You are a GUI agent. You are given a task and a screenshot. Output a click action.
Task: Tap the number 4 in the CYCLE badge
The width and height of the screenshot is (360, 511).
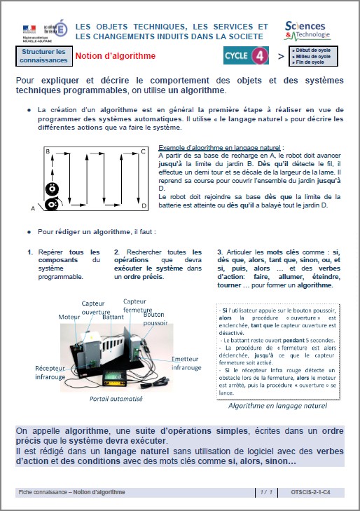click(x=258, y=55)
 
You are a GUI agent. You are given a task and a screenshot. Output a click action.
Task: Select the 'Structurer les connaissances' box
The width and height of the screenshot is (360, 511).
click(x=43, y=56)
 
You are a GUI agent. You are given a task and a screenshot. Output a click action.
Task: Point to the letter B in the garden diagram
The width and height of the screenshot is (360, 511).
click(x=48, y=151)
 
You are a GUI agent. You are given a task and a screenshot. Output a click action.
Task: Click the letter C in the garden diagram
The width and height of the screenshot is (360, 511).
click(x=144, y=151)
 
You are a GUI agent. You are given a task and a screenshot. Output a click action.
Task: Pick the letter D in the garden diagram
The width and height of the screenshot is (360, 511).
click(x=144, y=206)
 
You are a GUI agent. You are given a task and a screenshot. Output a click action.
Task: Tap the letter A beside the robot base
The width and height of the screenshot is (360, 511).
click(x=33, y=208)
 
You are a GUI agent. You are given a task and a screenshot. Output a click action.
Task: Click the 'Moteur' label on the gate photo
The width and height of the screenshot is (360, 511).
click(x=69, y=317)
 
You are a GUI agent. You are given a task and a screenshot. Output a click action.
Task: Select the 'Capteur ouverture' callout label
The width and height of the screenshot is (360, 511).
click(x=96, y=307)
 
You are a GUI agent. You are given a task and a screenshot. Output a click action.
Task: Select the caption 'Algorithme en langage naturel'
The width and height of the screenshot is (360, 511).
click(x=277, y=405)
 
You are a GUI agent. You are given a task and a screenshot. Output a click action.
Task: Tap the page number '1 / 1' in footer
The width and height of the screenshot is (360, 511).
click(x=265, y=493)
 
